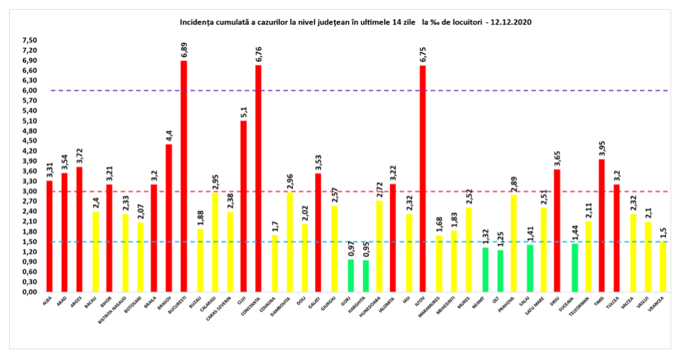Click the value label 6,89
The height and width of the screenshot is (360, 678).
tap(184, 50)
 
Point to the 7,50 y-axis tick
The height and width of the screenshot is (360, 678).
tap(29, 41)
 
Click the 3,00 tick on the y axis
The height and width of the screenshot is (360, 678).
tap(29, 192)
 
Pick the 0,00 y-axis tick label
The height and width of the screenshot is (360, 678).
tap(29, 292)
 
